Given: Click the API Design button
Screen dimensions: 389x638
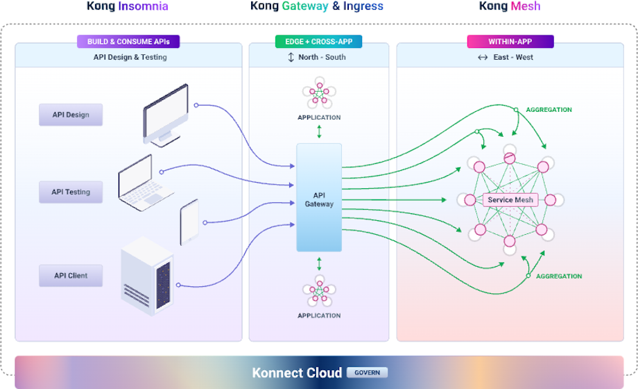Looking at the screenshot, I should click(70, 115).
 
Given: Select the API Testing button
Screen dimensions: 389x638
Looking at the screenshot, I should click(70, 192).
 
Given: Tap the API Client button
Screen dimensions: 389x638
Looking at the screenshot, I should click(70, 276).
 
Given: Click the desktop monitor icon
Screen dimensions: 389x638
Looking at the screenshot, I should click(166, 114).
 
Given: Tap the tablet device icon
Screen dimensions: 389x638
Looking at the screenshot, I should click(189, 222).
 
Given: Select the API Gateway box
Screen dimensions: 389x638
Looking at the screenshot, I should click(319, 199).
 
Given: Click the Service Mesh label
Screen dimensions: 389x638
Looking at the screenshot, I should click(510, 200).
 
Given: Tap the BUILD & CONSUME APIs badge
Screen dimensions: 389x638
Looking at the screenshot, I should click(128, 42).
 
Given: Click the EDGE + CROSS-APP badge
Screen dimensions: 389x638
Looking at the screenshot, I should click(318, 42).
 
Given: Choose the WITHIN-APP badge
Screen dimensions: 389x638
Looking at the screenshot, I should click(510, 42).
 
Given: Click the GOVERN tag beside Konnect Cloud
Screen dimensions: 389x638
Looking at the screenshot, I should click(367, 372).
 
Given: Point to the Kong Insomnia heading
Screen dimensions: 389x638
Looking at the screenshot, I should click(127, 7).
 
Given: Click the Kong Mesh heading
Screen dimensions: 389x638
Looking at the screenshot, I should click(509, 7).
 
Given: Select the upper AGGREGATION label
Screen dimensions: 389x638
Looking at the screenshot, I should click(549, 110).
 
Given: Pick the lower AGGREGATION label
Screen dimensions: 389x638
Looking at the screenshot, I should click(559, 276).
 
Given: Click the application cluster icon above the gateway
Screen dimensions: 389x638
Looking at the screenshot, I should click(319, 96).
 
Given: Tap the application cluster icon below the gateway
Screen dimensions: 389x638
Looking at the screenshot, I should click(319, 291).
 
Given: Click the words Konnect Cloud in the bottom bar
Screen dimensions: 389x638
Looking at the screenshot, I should click(297, 373).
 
